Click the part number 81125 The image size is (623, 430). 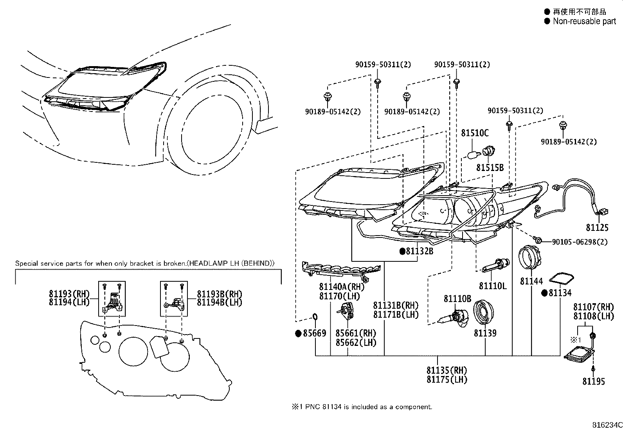[597, 227]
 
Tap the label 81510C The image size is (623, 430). [475, 133]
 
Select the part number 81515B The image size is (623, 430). [490, 167]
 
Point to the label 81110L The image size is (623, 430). [493, 286]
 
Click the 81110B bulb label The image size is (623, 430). [457, 299]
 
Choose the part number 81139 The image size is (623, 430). [485, 333]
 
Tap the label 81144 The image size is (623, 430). [531, 281]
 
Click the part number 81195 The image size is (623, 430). [594, 381]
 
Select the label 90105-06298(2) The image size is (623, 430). [580, 242]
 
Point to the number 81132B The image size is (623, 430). [420, 251]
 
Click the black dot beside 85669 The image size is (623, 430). [299, 333]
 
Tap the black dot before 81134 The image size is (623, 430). [545, 293]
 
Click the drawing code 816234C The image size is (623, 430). [607, 425]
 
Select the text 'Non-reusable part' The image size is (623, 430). [584, 21]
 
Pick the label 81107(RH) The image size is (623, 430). [594, 307]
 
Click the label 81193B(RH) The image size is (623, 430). [220, 294]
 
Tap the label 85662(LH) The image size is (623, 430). [356, 342]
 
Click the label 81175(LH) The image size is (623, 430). [447, 380]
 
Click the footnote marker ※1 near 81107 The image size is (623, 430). [576, 340]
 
